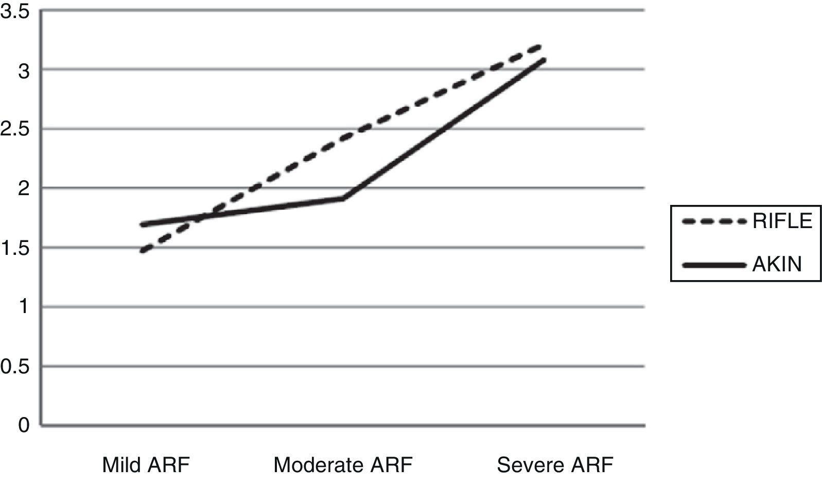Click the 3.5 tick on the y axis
click(x=14, y=11)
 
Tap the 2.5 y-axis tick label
click(x=14, y=129)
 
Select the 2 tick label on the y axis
click(x=24, y=188)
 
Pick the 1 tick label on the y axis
click(x=24, y=307)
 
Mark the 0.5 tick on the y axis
click(x=14, y=367)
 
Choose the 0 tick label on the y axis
click(x=24, y=426)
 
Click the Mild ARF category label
click(x=146, y=465)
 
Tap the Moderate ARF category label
click(x=343, y=465)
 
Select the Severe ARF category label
click(x=555, y=465)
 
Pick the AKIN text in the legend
click(x=777, y=264)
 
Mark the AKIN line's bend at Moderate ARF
click(x=343, y=198)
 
